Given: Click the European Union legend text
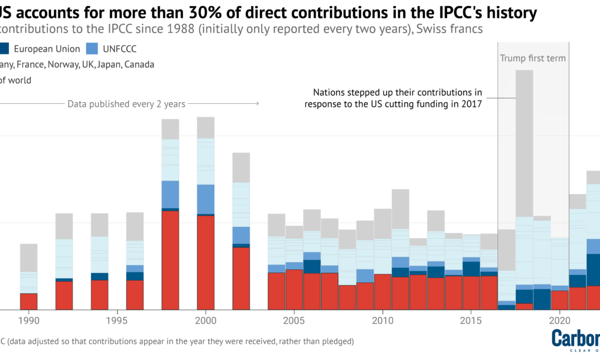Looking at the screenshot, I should coord(47,49).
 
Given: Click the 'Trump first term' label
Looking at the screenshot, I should coord(533,58).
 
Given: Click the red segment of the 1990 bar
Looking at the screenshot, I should coord(29,301).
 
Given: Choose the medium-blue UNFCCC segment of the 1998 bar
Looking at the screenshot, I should coord(170,194).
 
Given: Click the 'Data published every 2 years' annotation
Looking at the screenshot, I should coord(126,104).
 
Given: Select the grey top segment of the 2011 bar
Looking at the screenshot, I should coord(400,209).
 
